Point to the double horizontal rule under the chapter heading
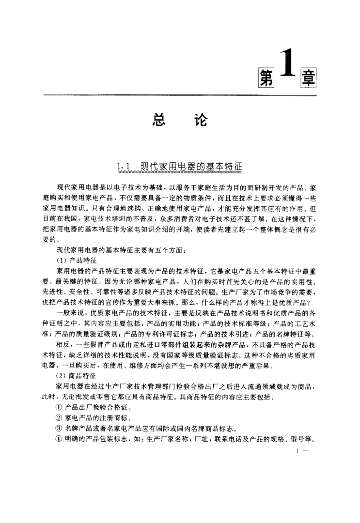(179, 95)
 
